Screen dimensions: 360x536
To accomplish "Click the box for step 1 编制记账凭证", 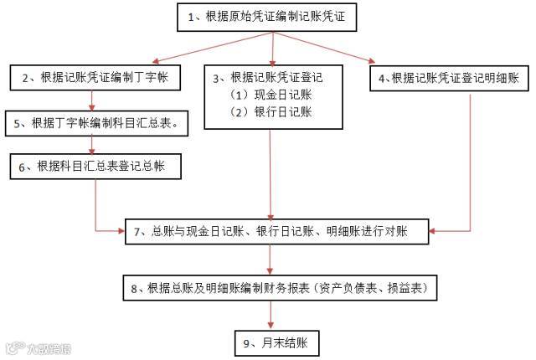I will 268,17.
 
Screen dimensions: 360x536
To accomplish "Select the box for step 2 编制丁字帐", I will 90,78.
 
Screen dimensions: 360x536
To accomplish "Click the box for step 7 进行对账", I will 276,230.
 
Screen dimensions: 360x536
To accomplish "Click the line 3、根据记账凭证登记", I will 268,78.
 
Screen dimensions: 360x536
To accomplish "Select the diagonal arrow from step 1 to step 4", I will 327,47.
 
